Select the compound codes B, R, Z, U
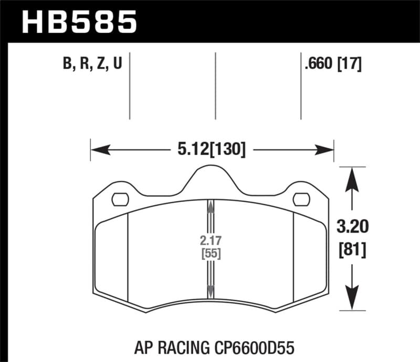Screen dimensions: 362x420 click(92, 64)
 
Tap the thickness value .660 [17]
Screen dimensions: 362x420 click(332, 64)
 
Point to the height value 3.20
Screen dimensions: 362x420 click(350, 227)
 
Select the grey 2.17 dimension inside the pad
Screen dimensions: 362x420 click(211, 243)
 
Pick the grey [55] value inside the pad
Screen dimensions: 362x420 click(211, 255)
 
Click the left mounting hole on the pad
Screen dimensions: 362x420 click(121, 199)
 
